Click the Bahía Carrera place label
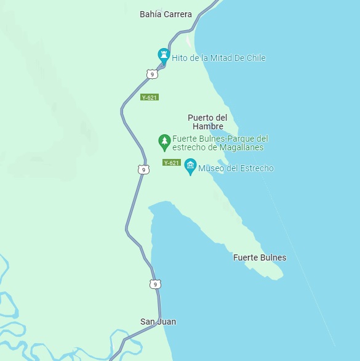[166, 14]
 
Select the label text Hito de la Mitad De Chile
[218, 58]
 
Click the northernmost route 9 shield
[152, 74]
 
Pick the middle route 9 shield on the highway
[143, 169]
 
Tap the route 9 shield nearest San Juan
[155, 284]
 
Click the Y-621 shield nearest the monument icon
[150, 97]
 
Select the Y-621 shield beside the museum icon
[172, 163]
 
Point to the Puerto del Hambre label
[207, 121]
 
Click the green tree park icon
[164, 142]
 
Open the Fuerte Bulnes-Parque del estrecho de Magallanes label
[220, 143]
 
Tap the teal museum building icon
[190, 166]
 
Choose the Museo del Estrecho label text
[236, 168]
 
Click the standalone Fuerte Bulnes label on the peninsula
[259, 258]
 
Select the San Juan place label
[158, 322]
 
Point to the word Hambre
[207, 126]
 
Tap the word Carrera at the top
[178, 14]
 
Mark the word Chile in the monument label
[255, 58]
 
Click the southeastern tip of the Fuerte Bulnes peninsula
[282, 275]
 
